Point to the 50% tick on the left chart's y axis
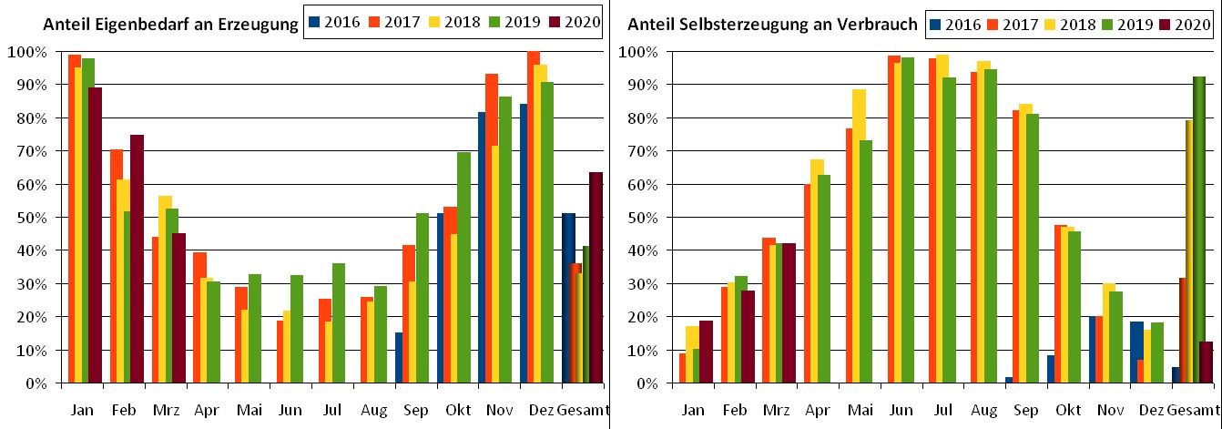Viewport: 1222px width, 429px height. coord(36,218)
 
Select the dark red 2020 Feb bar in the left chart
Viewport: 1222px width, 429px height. coord(137,260)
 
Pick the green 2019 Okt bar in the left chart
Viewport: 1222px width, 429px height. coord(463,268)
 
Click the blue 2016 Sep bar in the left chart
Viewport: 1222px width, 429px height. coord(398,358)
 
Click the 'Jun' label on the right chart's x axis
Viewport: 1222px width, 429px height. coord(900,412)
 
